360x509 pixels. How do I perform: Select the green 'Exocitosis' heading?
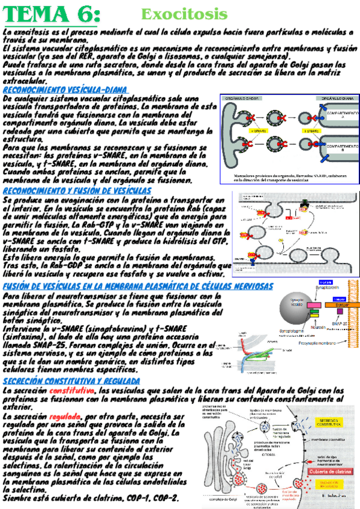(x=184, y=13)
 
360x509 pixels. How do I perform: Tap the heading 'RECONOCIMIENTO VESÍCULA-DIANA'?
(x=65, y=89)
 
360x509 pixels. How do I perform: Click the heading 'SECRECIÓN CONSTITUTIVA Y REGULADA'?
(x=71, y=381)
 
